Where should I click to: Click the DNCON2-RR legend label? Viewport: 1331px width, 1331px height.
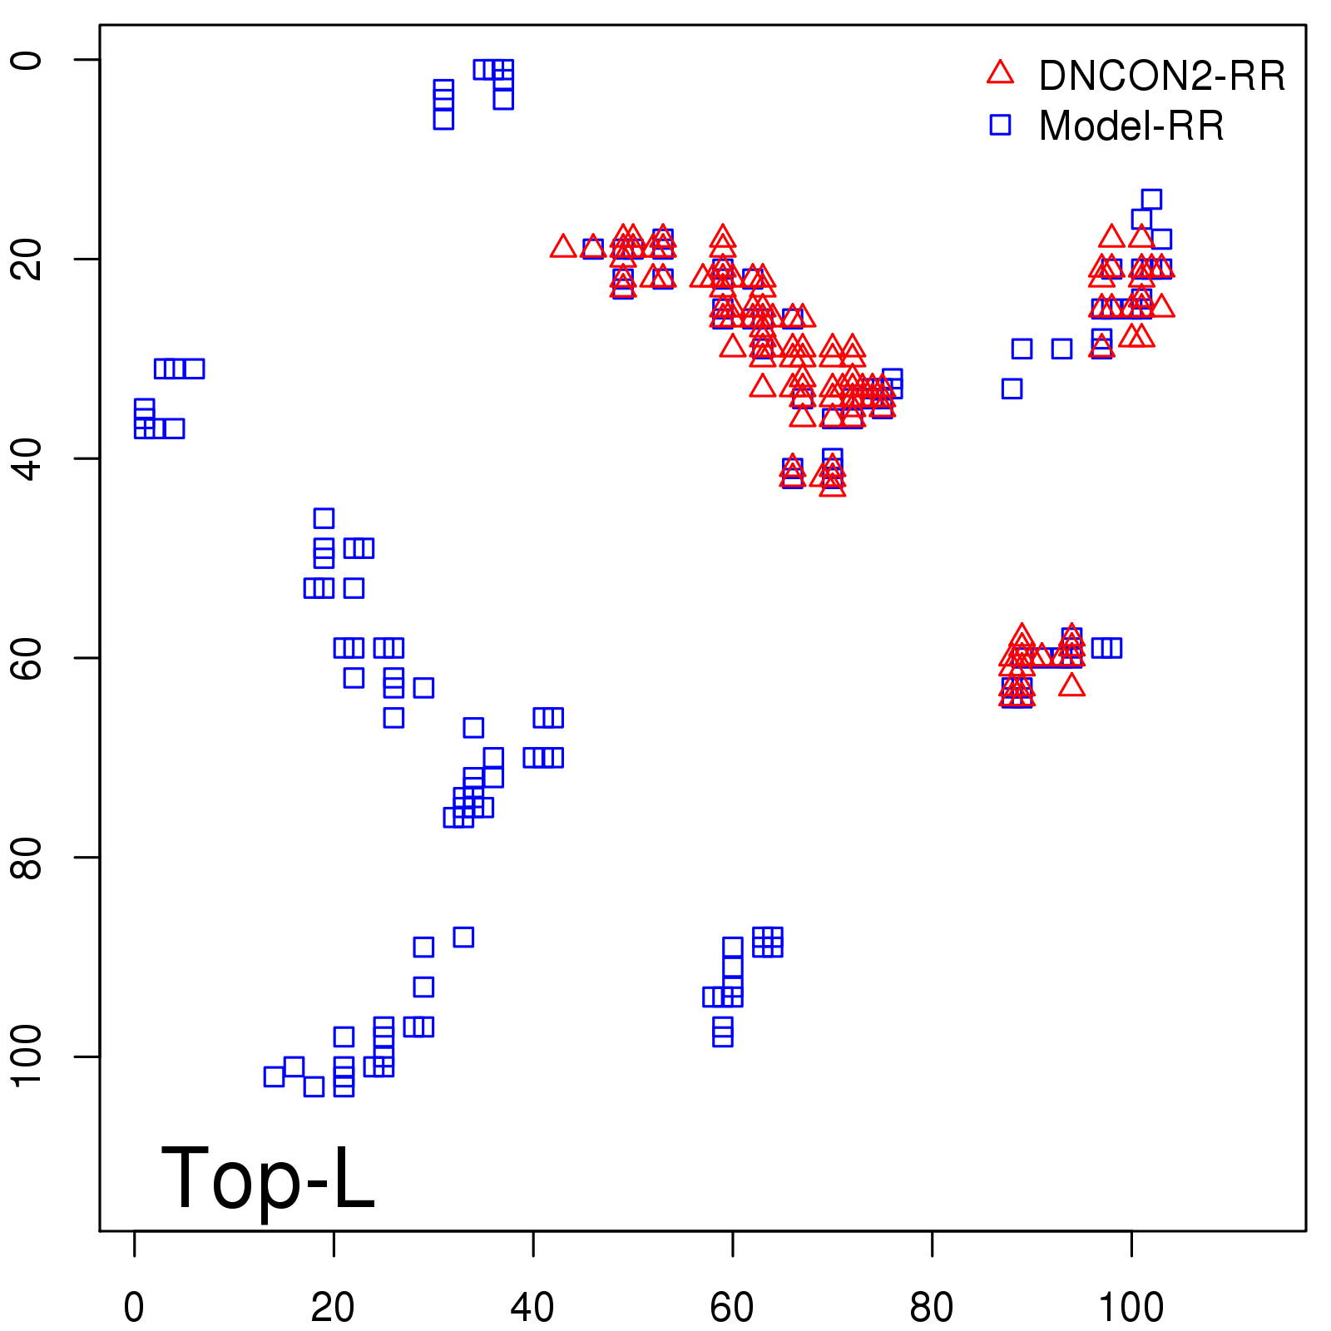coord(1161,77)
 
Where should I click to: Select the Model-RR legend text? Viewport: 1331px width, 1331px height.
coord(1131,126)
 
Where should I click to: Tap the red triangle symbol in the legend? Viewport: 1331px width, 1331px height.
coord(1000,73)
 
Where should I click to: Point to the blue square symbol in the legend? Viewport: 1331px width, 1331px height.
coord(1000,125)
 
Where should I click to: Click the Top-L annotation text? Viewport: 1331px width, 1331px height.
coord(268,1178)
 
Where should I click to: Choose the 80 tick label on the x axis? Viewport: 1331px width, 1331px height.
coord(932,1307)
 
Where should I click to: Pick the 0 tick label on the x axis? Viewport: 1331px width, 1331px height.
coord(134,1307)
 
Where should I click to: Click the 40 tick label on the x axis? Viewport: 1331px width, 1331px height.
coord(532,1307)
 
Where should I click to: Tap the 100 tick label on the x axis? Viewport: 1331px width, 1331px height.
coord(1131,1307)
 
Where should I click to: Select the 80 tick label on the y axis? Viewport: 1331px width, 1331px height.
coord(27,857)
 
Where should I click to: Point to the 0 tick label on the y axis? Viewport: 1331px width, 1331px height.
coord(27,60)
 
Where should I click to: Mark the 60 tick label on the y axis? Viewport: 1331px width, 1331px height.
coord(27,658)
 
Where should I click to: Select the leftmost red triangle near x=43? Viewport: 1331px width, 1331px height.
coord(563,247)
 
